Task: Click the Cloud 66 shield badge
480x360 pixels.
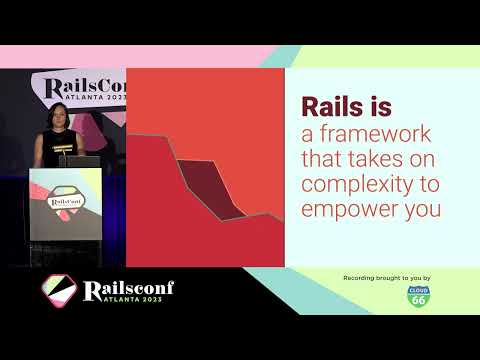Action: tap(418, 296)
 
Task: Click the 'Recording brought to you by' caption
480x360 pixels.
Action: tap(386, 276)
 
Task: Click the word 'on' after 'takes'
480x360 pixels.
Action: tap(416, 160)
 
